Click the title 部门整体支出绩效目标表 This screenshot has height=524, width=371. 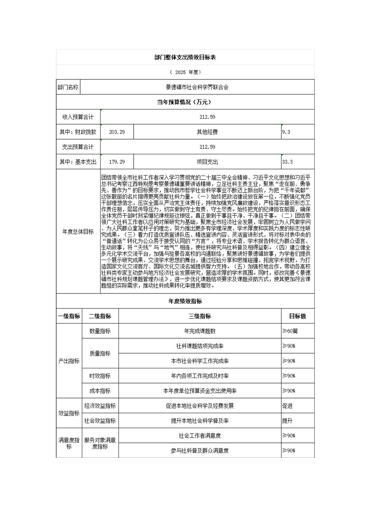185,57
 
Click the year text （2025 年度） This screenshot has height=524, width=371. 185,72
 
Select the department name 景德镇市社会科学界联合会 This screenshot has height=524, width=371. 197,87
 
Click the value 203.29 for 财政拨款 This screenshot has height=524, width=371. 117,132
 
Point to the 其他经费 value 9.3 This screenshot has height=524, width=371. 286,132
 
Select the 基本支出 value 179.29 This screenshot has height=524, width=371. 117,162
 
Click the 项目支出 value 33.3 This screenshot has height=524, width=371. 287,162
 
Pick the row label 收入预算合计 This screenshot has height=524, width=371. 78,117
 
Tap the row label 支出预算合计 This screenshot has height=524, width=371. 78,147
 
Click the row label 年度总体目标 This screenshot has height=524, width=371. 78,232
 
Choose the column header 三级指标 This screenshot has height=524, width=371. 200,316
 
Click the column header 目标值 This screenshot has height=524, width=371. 297,316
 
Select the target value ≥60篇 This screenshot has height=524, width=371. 290,331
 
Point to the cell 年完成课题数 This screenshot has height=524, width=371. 200,331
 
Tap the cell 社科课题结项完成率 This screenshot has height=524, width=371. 200,346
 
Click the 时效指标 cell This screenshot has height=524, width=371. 100,376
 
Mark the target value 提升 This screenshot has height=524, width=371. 287,421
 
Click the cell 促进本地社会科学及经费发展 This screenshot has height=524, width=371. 200,406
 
